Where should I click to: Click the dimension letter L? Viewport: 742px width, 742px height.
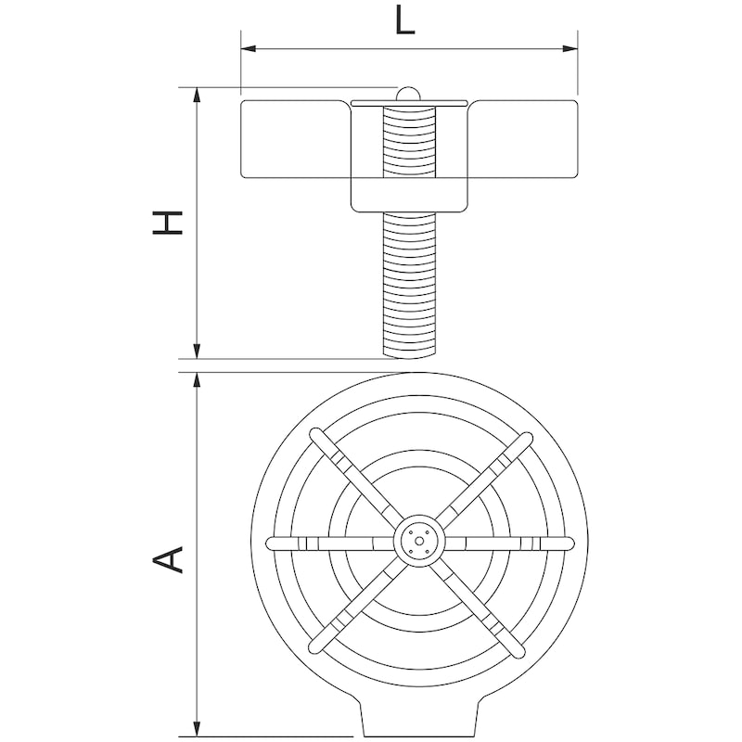pyautogui.click(x=404, y=19)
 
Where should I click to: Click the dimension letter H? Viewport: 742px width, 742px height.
pyautogui.click(x=168, y=223)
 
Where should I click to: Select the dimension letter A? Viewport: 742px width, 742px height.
pyautogui.click(x=168, y=557)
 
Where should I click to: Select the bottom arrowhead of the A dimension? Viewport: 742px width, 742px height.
pyautogui.click(x=197, y=730)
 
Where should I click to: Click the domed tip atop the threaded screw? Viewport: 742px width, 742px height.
pyautogui.click(x=407, y=93)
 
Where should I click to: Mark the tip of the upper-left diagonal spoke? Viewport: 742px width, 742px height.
pyautogui.click(x=315, y=434)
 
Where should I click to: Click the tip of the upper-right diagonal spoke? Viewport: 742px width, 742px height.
pyautogui.click(x=525, y=436)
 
